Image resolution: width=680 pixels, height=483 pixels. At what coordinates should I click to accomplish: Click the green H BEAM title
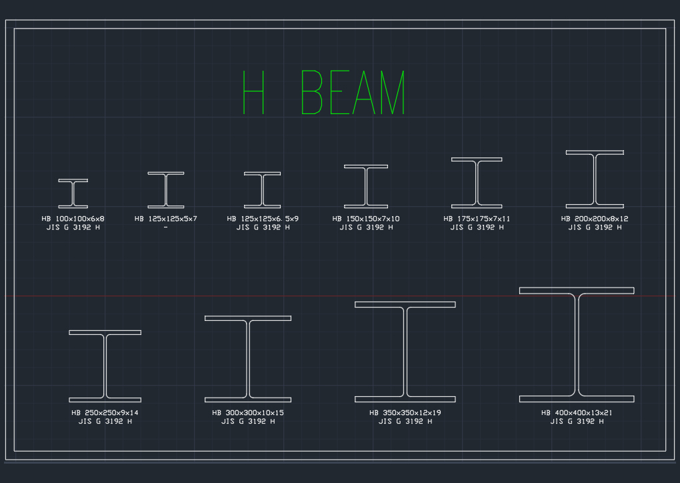point(324,92)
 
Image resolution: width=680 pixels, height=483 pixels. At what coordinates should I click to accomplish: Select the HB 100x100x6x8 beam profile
point(73,193)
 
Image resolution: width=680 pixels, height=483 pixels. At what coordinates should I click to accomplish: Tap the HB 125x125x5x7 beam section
point(166,190)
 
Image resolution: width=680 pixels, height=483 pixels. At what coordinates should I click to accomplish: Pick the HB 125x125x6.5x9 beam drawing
point(262,190)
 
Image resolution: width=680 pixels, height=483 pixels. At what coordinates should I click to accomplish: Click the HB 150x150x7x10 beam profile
point(366,186)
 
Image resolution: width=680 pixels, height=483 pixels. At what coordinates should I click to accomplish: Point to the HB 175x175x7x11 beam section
point(477,183)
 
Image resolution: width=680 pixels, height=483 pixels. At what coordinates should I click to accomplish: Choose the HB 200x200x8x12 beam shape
point(595,179)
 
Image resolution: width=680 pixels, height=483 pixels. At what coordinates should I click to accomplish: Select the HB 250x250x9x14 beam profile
point(105,366)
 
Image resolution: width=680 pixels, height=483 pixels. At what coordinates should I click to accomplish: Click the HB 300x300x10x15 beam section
point(248,360)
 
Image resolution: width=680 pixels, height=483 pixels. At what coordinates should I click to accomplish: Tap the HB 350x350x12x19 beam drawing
point(405,352)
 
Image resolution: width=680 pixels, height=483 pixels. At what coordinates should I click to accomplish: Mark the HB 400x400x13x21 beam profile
point(577,345)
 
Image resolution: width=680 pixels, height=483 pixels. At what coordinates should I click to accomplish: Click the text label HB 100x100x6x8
point(73,219)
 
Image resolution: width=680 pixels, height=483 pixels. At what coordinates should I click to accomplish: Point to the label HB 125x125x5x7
point(166,219)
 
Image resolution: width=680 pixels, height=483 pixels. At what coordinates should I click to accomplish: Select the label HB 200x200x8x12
point(595,219)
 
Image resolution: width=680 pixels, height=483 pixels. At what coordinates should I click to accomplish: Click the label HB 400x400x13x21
point(577,413)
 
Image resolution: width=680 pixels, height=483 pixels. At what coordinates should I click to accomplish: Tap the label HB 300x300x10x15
point(248,413)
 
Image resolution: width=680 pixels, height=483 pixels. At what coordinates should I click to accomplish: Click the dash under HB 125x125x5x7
point(165,227)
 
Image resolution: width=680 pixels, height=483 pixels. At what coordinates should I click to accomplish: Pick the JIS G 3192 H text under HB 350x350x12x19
point(405,422)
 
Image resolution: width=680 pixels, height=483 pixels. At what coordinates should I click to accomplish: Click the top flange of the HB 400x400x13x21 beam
point(577,291)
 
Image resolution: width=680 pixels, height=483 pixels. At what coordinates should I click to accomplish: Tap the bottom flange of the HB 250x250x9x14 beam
point(105,400)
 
